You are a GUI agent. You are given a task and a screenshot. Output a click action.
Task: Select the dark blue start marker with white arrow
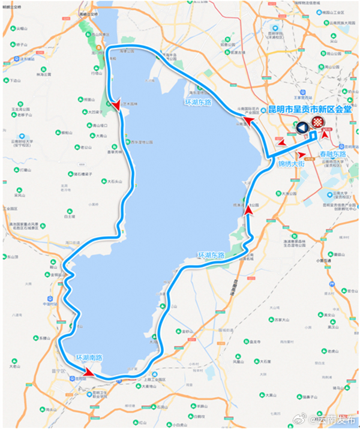(302, 127)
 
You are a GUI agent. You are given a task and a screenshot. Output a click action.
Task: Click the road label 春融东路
(332, 154)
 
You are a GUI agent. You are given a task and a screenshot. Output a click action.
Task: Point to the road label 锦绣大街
(292, 163)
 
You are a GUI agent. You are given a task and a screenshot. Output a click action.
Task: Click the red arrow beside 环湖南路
(88, 373)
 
